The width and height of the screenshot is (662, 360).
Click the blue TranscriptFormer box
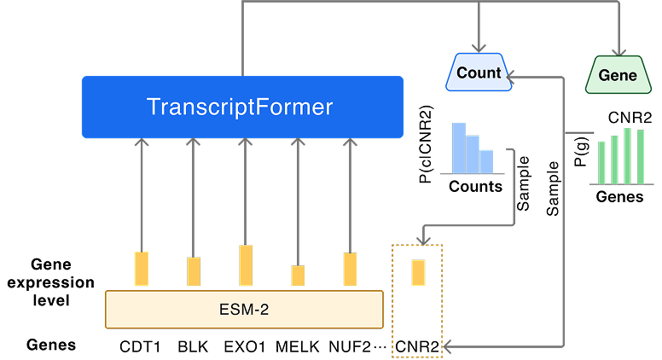[242, 107]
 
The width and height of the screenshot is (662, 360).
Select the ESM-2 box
[243, 310]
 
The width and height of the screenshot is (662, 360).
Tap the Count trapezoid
[479, 73]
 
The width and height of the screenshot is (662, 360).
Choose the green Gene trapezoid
[618, 75]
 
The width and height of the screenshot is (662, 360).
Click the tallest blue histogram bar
[459, 148]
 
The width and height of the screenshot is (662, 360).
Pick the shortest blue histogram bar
[486, 161]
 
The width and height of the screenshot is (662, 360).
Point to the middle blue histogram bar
[473, 154]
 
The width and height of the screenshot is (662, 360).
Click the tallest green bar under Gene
[628, 155]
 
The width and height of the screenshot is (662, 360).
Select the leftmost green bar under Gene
[601, 162]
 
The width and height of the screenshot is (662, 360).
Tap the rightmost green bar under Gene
[641, 157]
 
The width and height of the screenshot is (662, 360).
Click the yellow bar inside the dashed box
[418, 273]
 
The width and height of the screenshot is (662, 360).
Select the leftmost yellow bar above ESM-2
[142, 269]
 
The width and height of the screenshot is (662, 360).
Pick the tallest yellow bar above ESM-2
[246, 265]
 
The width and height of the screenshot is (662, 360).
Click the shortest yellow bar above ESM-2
[298, 276]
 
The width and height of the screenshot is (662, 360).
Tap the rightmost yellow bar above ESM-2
[350, 269]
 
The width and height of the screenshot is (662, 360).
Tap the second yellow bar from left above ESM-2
[194, 271]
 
